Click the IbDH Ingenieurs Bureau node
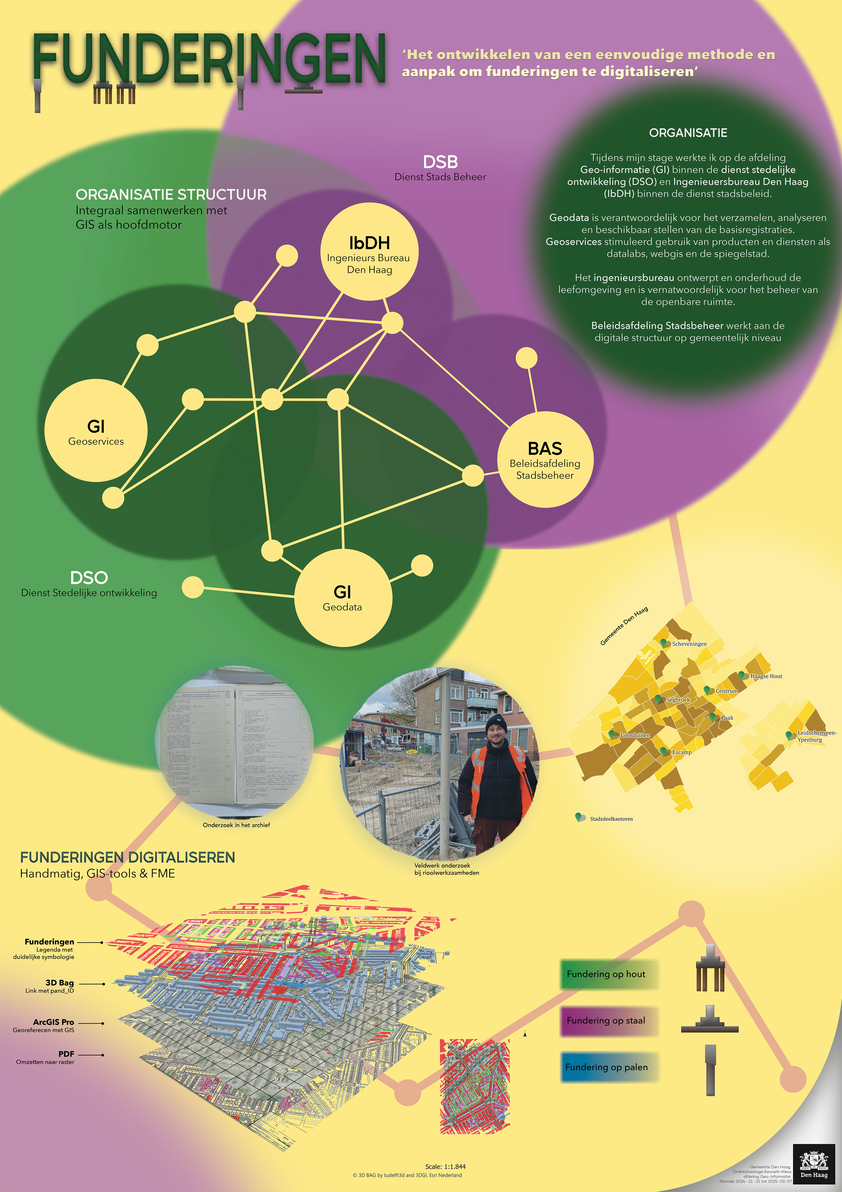369,252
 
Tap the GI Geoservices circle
96,431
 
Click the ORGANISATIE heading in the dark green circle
688,133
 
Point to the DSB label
440,162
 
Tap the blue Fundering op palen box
608,1067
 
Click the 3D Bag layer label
60,983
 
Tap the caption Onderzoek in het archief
236,825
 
